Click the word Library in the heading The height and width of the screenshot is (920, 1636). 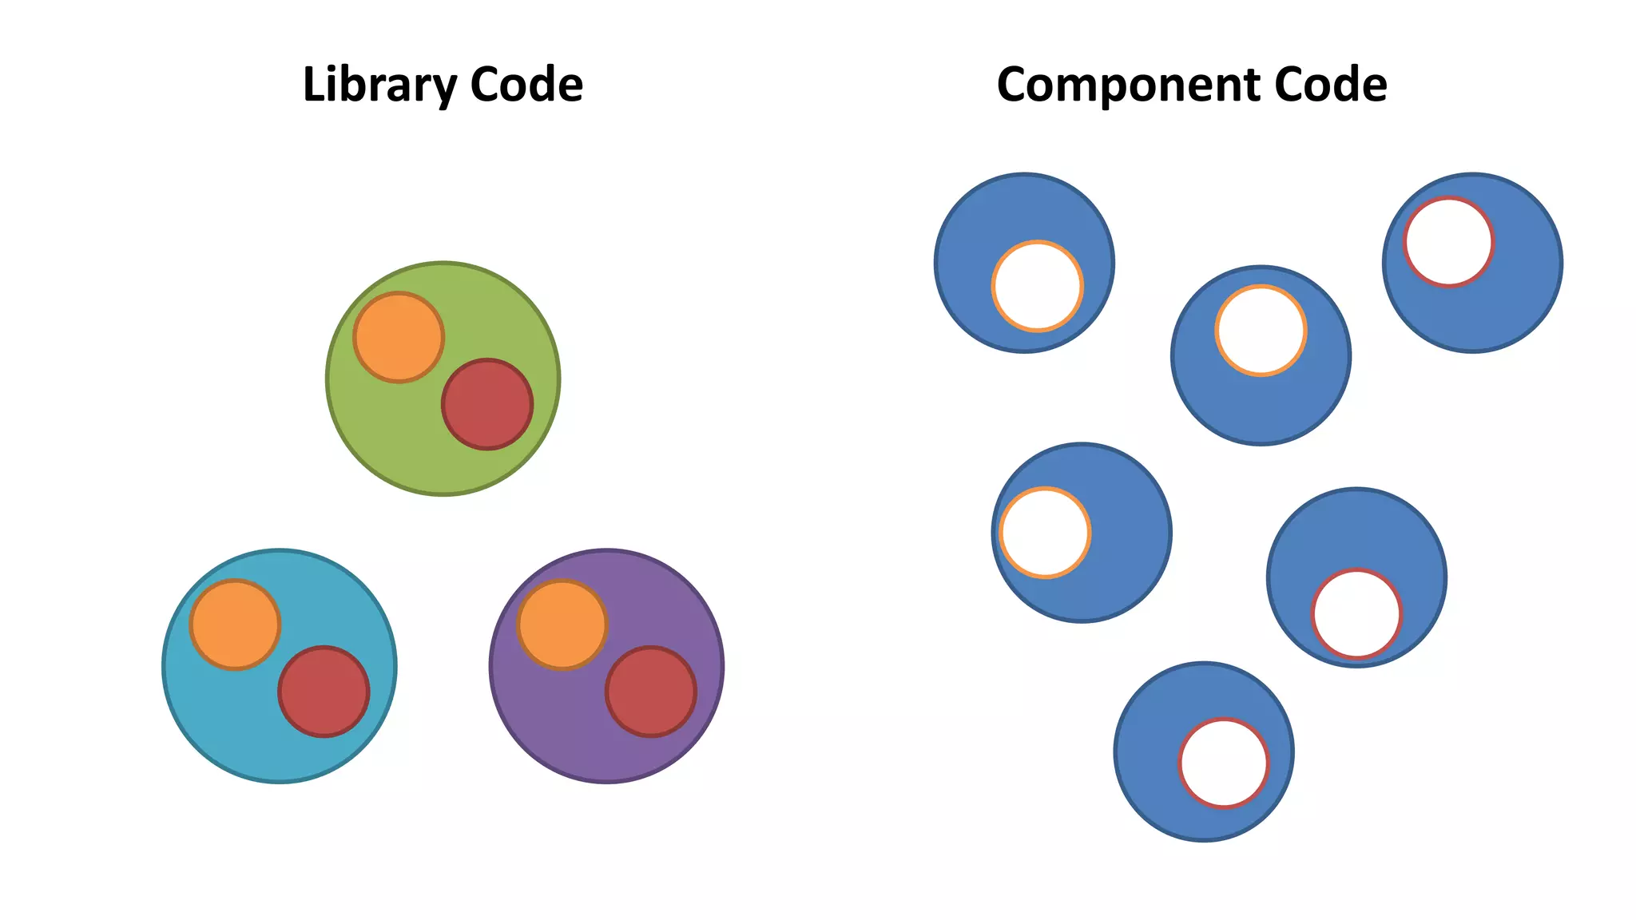(379, 85)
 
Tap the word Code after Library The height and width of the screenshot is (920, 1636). (526, 85)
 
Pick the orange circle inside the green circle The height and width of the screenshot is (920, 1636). (399, 337)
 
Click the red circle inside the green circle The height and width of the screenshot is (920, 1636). (487, 404)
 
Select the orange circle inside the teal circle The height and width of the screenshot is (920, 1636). (235, 625)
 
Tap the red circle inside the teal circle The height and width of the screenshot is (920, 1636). (324, 692)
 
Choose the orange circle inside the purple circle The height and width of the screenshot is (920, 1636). (562, 625)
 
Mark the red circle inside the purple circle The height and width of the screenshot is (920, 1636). (651, 692)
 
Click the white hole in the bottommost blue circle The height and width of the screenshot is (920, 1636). (1224, 763)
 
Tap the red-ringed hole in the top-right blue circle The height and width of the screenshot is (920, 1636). (1449, 242)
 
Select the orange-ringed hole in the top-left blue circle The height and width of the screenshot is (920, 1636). (1038, 286)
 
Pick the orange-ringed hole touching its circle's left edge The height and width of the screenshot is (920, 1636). (1045, 533)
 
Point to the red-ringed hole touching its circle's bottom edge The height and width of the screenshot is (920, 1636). (1356, 614)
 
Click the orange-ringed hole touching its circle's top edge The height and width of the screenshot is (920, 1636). (1261, 331)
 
